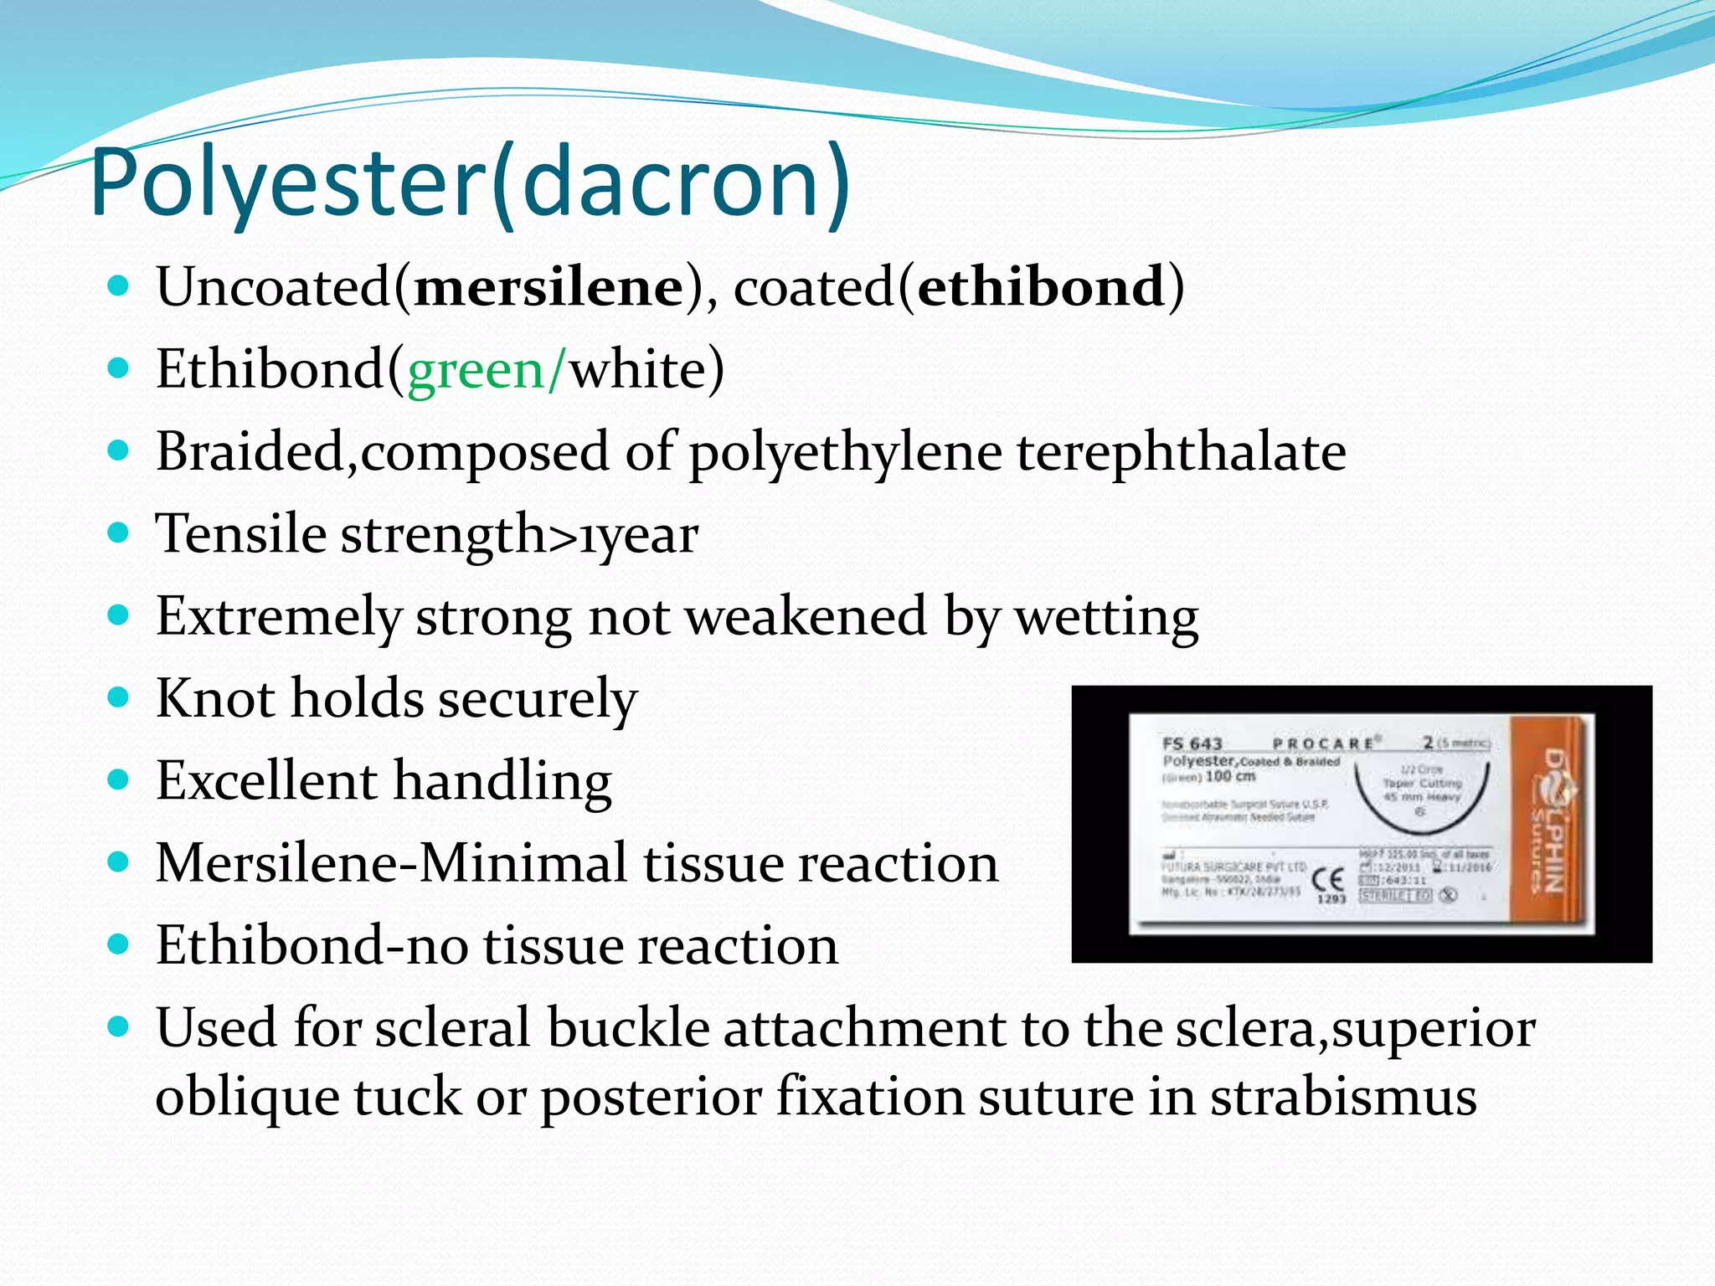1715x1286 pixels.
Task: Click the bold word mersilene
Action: pos(548,287)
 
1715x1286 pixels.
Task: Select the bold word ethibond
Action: pos(1041,287)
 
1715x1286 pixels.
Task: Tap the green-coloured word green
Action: pos(476,369)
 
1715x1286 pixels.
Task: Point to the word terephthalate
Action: pos(1182,452)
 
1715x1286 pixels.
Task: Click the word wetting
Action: pos(1106,617)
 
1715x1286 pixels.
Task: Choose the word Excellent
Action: pos(266,780)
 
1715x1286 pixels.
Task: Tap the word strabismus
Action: pos(1343,1097)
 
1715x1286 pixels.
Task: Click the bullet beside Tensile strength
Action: pos(119,532)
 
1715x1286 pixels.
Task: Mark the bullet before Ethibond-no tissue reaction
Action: pos(119,944)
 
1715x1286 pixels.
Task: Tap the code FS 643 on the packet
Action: pos(1192,743)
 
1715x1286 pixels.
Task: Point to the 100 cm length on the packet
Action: pos(1230,776)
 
